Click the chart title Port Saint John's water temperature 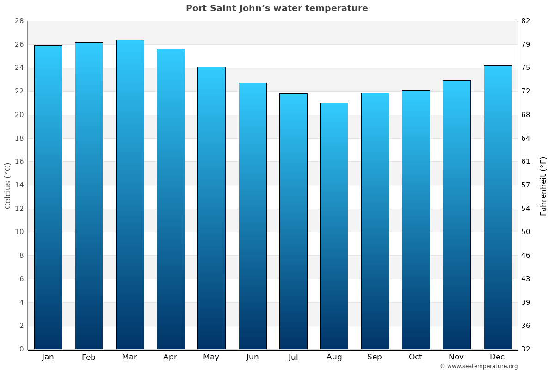[277, 8]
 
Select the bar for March [130, 194]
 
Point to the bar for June [253, 216]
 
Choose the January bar [48, 197]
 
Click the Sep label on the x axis [375, 357]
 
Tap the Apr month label [170, 357]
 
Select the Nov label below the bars [456, 357]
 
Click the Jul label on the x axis [293, 357]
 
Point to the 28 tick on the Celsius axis [19, 21]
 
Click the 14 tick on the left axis [19, 185]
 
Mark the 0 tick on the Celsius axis [21, 349]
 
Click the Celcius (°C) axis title [8, 185]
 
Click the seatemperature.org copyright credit [479, 366]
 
